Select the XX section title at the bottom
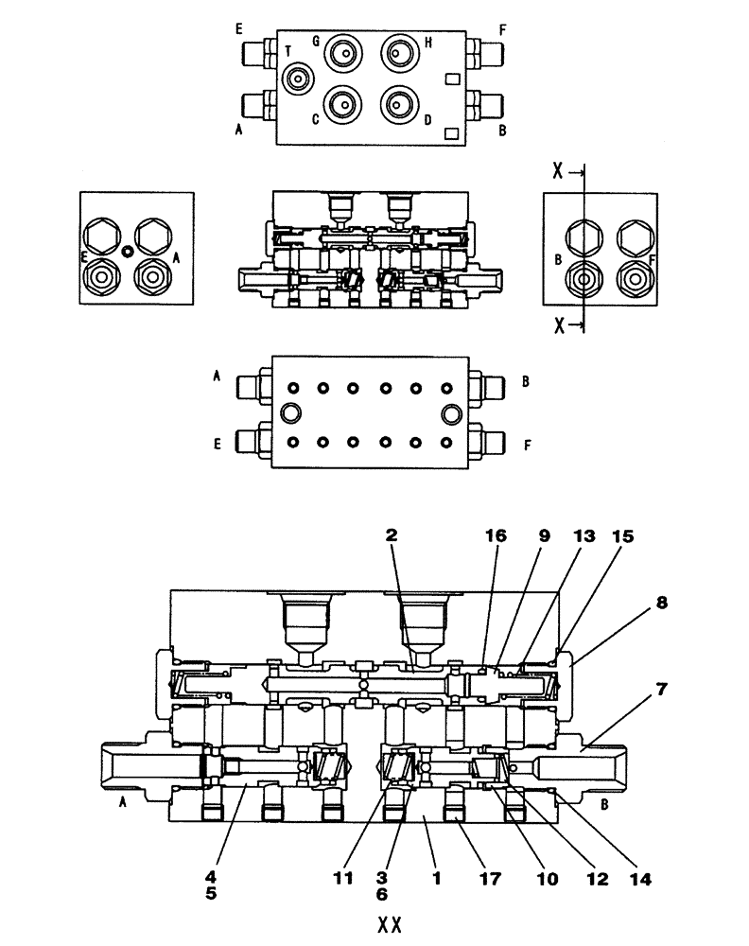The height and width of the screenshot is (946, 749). click(390, 924)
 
